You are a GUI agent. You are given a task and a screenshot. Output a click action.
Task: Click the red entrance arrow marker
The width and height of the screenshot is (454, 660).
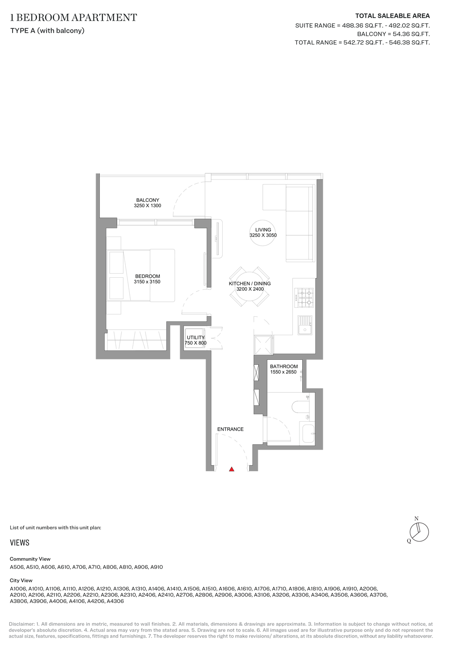click(x=232, y=469)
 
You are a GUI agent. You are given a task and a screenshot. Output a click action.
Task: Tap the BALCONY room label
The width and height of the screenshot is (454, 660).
click(x=147, y=200)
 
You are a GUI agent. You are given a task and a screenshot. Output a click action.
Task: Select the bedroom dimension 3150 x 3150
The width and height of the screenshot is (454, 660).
click(x=147, y=282)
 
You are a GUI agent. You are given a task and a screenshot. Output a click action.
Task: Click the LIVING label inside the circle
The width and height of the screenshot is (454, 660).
click(x=263, y=230)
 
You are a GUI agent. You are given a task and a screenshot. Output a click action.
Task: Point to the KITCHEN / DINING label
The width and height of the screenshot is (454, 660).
click(x=250, y=284)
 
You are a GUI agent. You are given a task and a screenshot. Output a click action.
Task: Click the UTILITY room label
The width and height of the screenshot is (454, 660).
click(x=195, y=337)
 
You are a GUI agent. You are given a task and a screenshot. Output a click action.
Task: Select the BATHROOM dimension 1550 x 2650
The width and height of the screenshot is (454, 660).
click(x=283, y=372)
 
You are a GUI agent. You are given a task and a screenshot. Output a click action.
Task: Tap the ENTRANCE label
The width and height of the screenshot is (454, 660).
click(x=230, y=429)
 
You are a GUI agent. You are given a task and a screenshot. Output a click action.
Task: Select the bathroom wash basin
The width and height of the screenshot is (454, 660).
click(x=308, y=434)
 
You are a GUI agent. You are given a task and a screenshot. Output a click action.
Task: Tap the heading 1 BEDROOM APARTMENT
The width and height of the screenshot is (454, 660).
click(x=74, y=17)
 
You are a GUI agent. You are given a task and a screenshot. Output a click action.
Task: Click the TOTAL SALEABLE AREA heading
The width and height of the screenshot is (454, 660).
click(x=392, y=16)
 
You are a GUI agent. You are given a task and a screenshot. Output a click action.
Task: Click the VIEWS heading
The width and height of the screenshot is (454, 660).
click(x=20, y=543)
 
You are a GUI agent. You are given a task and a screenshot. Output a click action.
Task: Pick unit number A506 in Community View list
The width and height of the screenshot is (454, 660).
click(x=17, y=567)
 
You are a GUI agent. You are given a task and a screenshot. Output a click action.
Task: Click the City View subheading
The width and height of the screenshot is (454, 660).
click(x=21, y=581)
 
